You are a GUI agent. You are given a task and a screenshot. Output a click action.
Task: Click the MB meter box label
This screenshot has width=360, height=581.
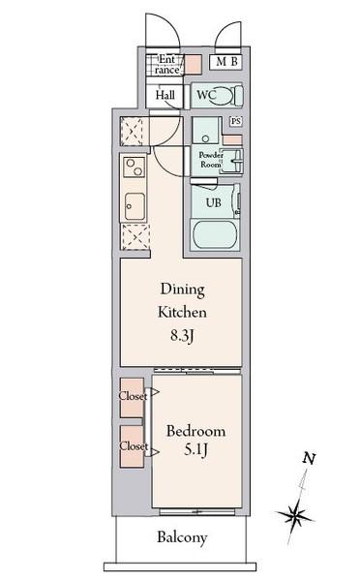click(x=226, y=61)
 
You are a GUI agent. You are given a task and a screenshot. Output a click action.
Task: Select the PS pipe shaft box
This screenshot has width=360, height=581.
click(x=235, y=121)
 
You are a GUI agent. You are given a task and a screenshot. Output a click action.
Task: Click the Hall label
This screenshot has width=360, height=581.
click(x=165, y=95)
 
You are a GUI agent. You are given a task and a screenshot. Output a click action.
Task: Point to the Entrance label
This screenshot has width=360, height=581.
click(x=166, y=65)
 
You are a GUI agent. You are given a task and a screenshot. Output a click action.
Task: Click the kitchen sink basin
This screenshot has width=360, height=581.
click(x=135, y=206)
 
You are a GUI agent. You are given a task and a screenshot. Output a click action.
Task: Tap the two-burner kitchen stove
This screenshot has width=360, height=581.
click(x=135, y=168)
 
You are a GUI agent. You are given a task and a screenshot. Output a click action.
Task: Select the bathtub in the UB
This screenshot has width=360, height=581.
click(x=215, y=235)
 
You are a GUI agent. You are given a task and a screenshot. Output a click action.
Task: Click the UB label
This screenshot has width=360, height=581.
click(x=214, y=202)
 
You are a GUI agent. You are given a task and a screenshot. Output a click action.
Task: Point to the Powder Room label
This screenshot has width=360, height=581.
click(x=211, y=160)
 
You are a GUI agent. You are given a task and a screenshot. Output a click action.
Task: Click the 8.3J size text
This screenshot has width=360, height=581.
click(x=182, y=336)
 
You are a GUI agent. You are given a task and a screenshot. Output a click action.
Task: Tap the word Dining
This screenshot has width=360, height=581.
click(x=182, y=290)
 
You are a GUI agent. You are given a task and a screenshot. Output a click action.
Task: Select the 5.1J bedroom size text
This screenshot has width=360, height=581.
click(x=195, y=450)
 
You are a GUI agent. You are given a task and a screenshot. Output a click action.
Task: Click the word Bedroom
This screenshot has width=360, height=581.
click(x=195, y=431)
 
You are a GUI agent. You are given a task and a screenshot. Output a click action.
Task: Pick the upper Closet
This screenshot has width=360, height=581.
click(x=132, y=398)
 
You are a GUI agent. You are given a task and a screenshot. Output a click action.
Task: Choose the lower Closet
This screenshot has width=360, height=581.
click(x=132, y=446)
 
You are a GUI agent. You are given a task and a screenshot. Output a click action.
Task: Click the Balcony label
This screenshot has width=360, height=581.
click(x=182, y=537)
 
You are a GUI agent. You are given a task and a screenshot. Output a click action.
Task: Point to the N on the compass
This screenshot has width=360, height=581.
click(x=309, y=459)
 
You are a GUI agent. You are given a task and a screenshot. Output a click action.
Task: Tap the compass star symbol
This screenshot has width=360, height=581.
click(x=295, y=514)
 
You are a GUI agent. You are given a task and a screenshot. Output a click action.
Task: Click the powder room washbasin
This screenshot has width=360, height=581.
click(x=233, y=161)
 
